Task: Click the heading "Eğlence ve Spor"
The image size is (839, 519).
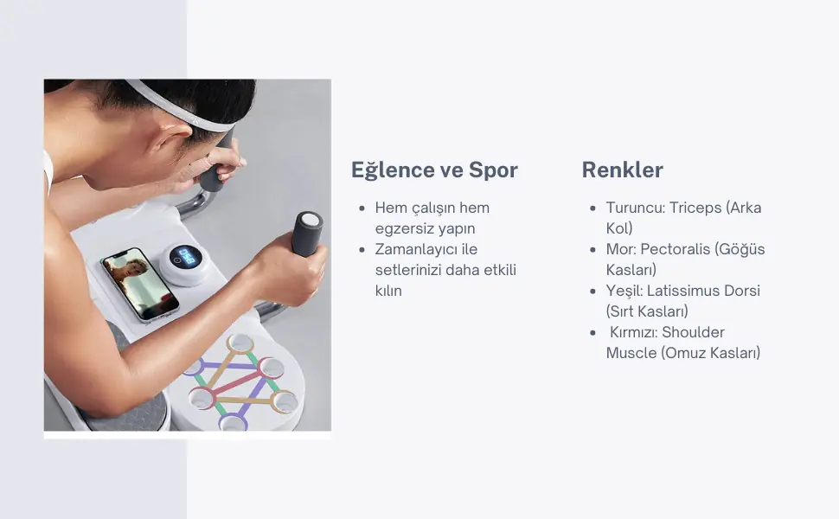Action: [434, 170]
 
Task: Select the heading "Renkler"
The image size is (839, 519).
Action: [622, 170]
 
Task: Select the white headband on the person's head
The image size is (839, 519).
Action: [179, 107]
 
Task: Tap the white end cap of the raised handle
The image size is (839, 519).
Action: [311, 220]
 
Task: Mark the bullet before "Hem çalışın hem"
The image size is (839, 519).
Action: [362, 208]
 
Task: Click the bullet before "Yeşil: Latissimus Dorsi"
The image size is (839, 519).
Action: [592, 291]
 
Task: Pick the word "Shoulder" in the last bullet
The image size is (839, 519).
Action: [694, 332]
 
